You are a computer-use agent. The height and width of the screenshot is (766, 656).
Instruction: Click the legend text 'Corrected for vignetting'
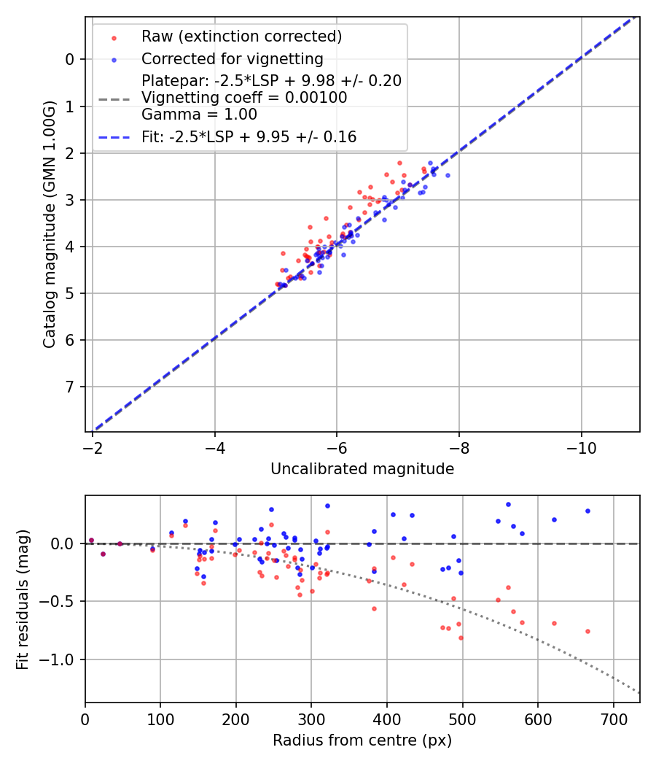pyautogui.click(x=233, y=58)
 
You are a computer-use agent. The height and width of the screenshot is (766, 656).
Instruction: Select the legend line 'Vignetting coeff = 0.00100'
pyautogui.click(x=244, y=97)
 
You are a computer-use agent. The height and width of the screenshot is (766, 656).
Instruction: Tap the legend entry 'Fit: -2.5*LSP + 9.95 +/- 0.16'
pyautogui.click(x=249, y=136)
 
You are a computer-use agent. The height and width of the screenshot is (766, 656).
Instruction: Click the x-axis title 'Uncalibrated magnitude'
pyautogui.click(x=362, y=469)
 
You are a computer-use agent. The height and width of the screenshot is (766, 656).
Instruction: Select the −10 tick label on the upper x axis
pyautogui.click(x=581, y=444)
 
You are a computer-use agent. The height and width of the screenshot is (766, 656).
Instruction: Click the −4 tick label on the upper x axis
pyautogui.click(x=214, y=444)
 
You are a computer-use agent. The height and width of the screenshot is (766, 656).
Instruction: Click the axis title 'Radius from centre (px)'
pyautogui.click(x=362, y=740)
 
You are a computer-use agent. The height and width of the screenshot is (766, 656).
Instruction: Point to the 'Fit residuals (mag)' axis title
pyautogui.click(x=22, y=600)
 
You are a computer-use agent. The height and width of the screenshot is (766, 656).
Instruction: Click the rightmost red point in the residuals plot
pyautogui.click(x=587, y=631)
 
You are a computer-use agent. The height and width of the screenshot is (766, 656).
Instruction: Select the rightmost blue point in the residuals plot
pyautogui.click(x=587, y=511)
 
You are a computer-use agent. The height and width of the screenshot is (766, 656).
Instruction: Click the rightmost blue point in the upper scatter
pyautogui.click(x=448, y=175)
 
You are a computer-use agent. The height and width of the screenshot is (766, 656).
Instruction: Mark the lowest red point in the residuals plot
pyautogui.click(x=461, y=638)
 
